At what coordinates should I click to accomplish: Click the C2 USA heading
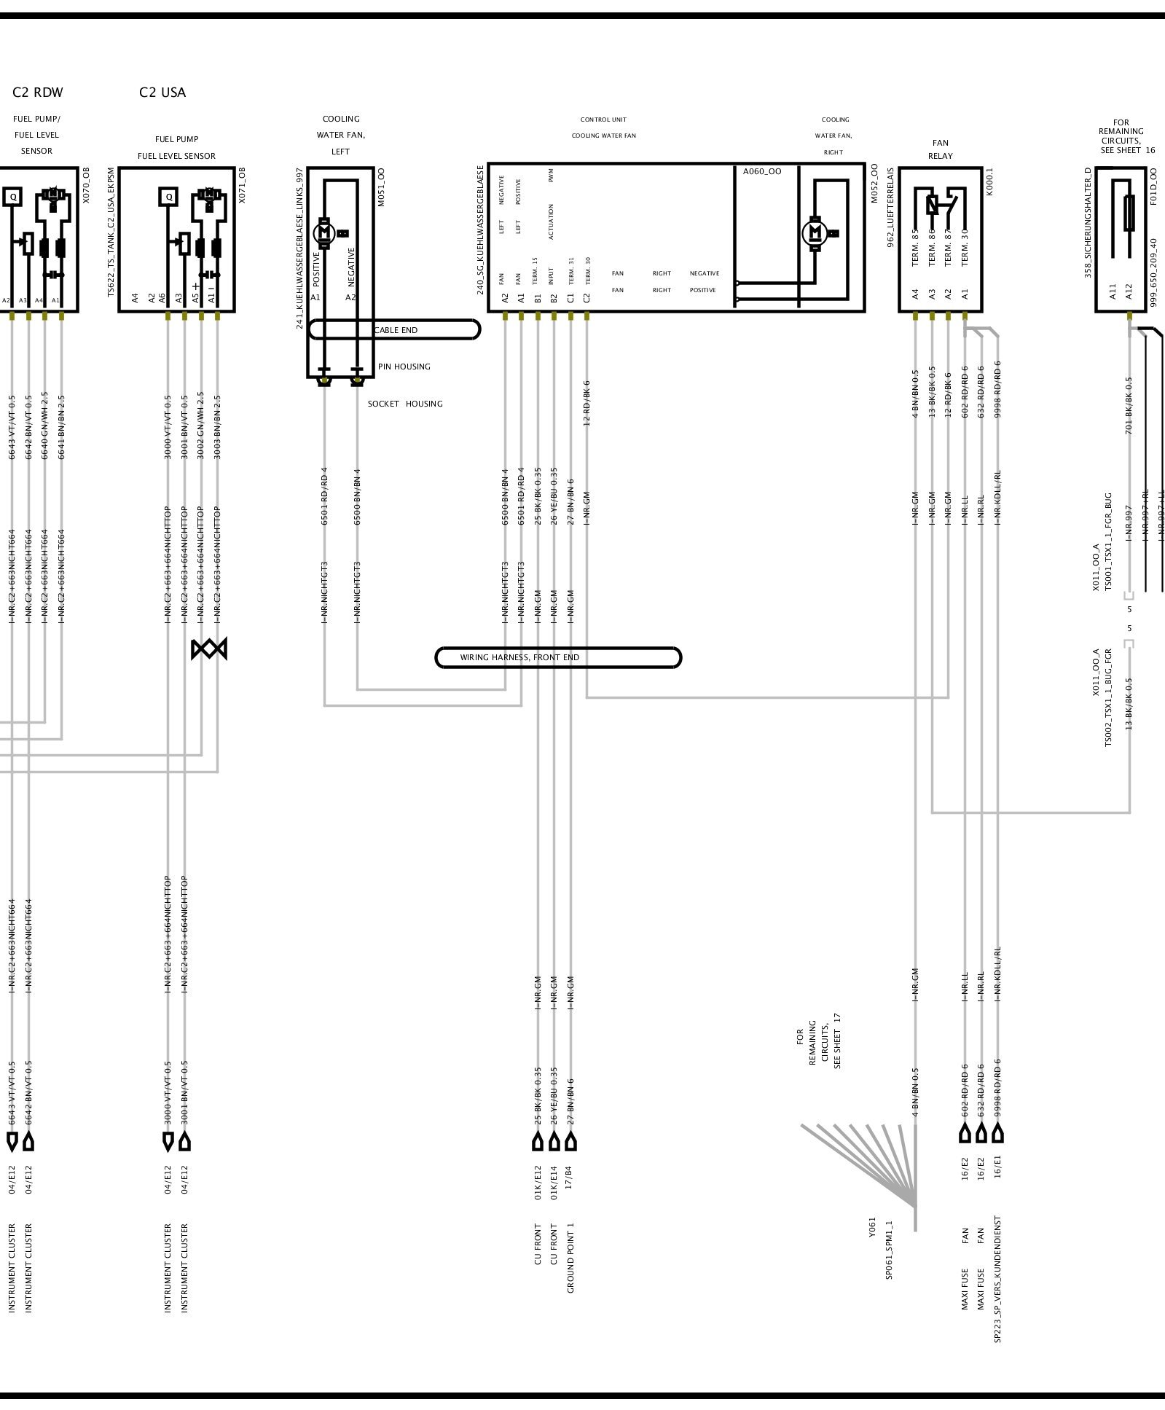click(x=162, y=93)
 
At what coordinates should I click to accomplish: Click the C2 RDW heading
click(x=38, y=93)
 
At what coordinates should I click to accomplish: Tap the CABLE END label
click(x=396, y=330)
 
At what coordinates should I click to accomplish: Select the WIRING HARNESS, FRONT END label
click(x=519, y=657)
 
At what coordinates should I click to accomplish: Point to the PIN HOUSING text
click(x=404, y=367)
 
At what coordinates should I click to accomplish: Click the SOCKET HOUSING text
click(x=405, y=404)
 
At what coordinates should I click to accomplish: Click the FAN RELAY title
click(x=940, y=149)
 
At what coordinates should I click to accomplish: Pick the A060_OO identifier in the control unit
click(x=761, y=172)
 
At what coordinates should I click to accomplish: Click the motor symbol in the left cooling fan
click(x=325, y=233)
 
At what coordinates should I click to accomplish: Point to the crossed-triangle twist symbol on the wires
click(x=209, y=649)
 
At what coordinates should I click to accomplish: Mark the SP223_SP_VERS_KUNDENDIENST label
click(x=997, y=1279)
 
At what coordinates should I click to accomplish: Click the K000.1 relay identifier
click(x=989, y=181)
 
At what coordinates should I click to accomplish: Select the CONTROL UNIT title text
click(x=603, y=120)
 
